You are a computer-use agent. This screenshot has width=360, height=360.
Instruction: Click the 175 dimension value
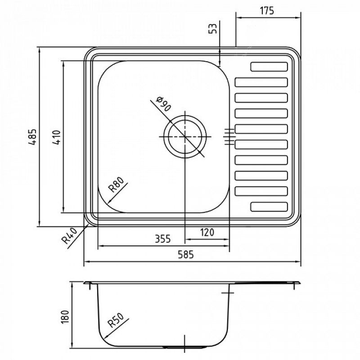[267, 11]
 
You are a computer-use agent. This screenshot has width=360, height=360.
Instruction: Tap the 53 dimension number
[214, 29]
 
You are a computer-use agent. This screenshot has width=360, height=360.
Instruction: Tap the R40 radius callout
[69, 236]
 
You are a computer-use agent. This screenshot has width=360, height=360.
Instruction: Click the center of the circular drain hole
[185, 136]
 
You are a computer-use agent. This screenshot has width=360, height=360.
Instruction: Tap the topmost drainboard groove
[269, 67]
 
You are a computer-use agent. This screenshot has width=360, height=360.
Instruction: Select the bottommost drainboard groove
[269, 207]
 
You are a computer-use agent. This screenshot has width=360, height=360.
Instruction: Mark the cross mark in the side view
[229, 293]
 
